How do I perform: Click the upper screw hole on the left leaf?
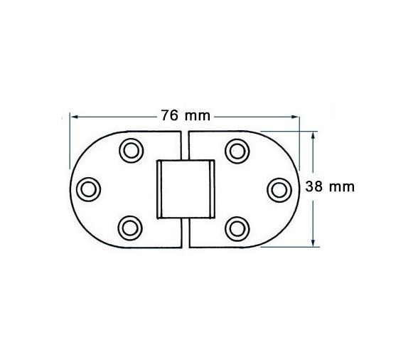pos(130,149)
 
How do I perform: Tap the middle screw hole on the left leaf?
pos(88,188)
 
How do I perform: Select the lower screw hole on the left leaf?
pos(130,228)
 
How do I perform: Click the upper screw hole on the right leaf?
pos(236,149)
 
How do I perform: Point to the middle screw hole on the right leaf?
pos(278,188)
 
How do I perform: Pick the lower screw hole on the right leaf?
pos(236,228)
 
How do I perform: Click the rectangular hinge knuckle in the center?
pos(184,189)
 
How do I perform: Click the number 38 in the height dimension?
pos(313,186)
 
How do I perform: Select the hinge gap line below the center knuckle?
pos(184,233)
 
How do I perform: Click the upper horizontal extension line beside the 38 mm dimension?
pos(288,130)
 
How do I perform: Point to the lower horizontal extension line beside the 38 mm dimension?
pos(288,246)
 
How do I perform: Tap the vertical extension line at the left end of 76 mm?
pos(69,135)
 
